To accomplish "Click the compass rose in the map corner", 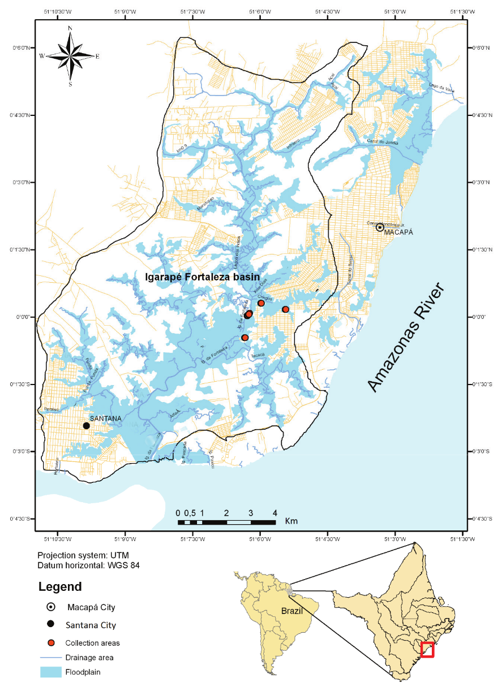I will tap(70, 55).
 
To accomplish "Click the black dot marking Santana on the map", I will tap(86, 426).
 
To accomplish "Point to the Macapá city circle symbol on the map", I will tap(380, 227).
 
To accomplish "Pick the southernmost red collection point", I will tap(244, 338).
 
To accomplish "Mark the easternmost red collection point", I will tap(285, 309).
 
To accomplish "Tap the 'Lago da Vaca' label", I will tap(441, 86).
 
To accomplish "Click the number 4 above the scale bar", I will tap(275, 513).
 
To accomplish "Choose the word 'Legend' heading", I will tap(60, 587).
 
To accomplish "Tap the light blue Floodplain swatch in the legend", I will tap(50, 672).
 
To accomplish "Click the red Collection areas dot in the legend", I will tap(51, 643).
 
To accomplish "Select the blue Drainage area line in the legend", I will tap(50, 658).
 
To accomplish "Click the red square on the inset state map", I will tap(427, 650).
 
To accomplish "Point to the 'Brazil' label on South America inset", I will tap(292, 611).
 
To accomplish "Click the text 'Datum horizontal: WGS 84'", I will tap(88, 565).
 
